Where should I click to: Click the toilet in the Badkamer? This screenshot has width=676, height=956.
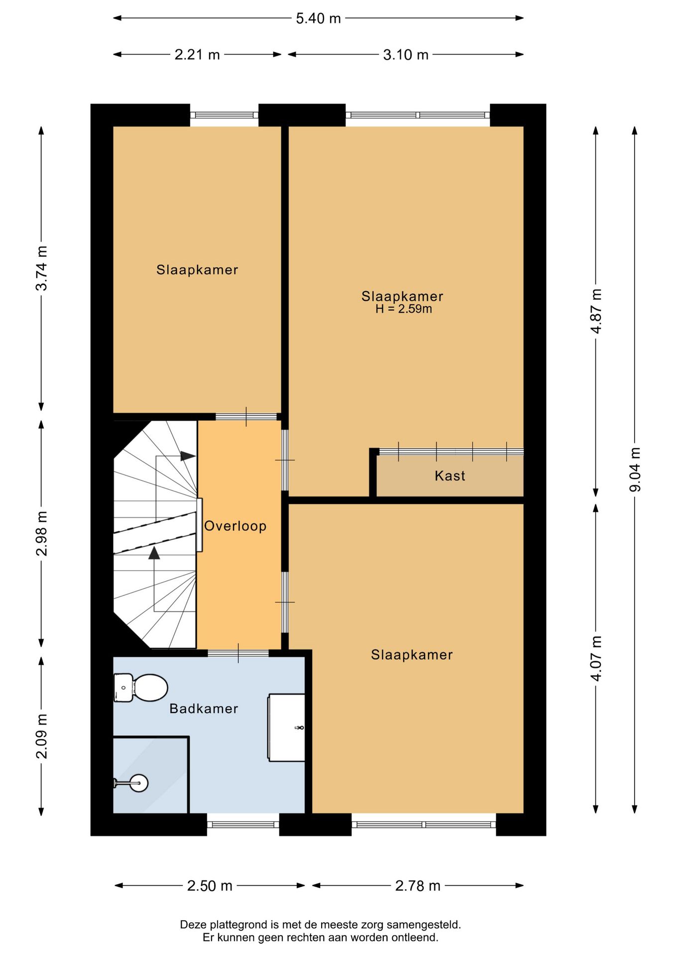tap(140, 688)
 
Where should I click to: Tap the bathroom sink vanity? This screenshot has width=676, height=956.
tap(287, 727)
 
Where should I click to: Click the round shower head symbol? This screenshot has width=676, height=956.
tap(138, 783)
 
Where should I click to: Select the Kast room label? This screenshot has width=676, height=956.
tap(450, 476)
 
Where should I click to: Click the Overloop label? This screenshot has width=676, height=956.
tap(235, 526)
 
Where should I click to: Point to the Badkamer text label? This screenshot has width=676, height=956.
tap(204, 709)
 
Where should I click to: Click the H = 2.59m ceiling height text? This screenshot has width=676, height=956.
tap(404, 309)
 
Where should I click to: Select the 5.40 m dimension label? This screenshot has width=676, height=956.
tap(319, 18)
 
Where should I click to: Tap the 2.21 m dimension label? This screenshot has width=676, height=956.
tap(197, 54)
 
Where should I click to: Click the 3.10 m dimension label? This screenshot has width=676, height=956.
tap(406, 54)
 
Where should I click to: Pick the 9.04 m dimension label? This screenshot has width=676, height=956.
tap(635, 470)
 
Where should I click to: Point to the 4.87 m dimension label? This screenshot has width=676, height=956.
tap(596, 311)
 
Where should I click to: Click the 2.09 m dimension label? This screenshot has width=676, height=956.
tap(42, 736)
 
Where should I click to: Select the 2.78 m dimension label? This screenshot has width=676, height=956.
tap(418, 886)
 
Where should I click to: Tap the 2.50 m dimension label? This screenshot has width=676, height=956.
tap(210, 886)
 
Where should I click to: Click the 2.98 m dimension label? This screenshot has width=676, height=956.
tap(42, 533)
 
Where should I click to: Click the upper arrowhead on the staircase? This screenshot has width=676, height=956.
tap(188, 456)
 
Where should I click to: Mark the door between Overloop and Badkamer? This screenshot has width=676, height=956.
tap(238, 653)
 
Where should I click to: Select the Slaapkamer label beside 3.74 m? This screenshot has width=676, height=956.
tap(197, 270)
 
